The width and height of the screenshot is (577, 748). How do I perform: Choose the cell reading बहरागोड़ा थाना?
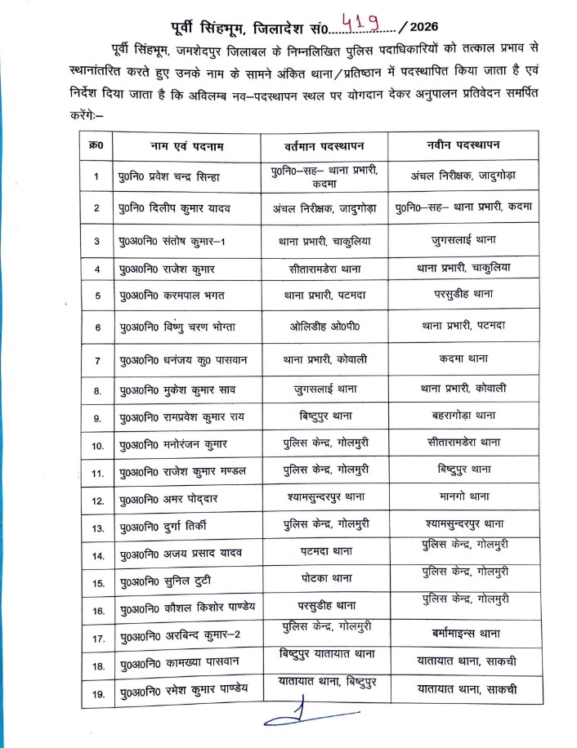(x=462, y=415)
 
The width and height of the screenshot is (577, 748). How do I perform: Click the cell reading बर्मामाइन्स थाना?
(x=462, y=633)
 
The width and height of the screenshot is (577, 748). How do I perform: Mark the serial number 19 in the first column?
(x=97, y=695)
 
